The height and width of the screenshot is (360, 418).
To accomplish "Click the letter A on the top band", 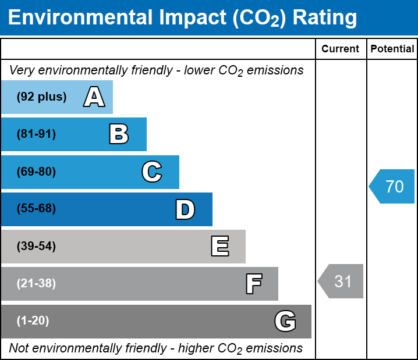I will tap(94, 97).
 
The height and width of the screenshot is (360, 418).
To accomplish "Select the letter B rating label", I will tap(119, 134).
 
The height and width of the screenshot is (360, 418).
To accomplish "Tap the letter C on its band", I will tap(152, 172).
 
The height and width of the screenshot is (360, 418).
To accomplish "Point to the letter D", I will tap(185, 209).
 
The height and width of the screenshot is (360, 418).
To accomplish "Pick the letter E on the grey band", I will tap(219, 247).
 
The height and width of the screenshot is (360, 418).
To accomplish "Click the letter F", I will tap(253, 284).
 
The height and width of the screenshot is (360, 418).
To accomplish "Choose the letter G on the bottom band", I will tap(285, 321).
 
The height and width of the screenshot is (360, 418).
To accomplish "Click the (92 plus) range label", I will tap(41, 97).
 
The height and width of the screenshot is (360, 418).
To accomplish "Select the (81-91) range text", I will tap(36, 134).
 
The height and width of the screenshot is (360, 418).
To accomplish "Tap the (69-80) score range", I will tap(36, 172).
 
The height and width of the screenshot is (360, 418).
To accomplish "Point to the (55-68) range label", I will tap(36, 209).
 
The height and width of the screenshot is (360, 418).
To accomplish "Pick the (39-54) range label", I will tap(36, 247).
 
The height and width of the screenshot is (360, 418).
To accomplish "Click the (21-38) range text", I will tap(36, 284).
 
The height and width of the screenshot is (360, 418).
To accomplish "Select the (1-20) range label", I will tap(33, 321).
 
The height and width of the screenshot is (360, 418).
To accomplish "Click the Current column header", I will tap(341, 49).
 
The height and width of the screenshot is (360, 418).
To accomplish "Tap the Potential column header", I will tap(392, 49).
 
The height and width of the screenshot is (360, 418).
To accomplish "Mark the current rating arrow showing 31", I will tap(341, 281).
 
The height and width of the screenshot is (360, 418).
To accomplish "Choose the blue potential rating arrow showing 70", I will tap(392, 187).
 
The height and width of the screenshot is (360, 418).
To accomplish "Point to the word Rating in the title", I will tap(325, 18).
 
